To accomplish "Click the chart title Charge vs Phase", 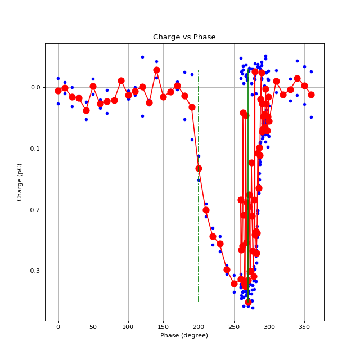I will coord(184,37).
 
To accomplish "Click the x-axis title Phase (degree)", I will coord(184,335).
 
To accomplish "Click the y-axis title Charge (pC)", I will coord(20,182).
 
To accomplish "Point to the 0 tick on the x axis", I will coord(58,327).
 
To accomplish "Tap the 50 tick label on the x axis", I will coord(93,327).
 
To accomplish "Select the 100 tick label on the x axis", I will coord(128,327).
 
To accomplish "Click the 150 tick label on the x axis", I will coord(163,327).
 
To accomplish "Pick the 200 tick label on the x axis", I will coord(199,327).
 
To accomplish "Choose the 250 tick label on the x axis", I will coord(233,327).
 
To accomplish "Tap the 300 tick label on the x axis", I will coord(269,327).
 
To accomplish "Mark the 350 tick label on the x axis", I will coord(304,327).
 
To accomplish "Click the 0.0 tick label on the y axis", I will coord(35,88).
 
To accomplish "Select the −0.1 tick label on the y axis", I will coord(33,148).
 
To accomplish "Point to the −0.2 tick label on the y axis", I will coord(33,210).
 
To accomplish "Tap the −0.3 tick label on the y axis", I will coord(33,271).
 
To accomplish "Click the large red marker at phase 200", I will coord(199,168).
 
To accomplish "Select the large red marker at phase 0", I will coord(58,91).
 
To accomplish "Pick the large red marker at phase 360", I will coord(311,94).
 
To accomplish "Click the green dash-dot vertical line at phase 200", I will coord(199,236).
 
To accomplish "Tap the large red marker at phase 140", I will coord(156,70).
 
